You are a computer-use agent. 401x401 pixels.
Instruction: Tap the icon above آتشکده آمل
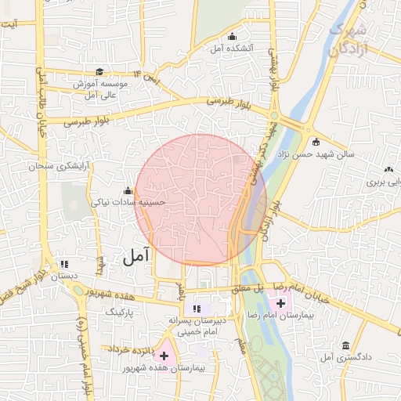tap(232, 37)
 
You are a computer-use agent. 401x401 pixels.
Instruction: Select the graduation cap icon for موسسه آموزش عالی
tap(99, 72)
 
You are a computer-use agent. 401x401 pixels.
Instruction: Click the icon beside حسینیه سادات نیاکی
tap(128, 191)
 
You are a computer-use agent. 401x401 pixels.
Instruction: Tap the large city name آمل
tap(134, 255)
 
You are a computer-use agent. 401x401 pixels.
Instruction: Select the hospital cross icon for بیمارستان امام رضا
tap(280, 302)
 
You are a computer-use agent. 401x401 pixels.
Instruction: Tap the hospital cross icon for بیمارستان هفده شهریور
tap(164, 356)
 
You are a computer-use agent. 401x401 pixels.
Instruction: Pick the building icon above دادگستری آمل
tap(345, 345)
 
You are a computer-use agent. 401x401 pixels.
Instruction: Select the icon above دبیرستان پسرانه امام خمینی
tap(197, 309)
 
